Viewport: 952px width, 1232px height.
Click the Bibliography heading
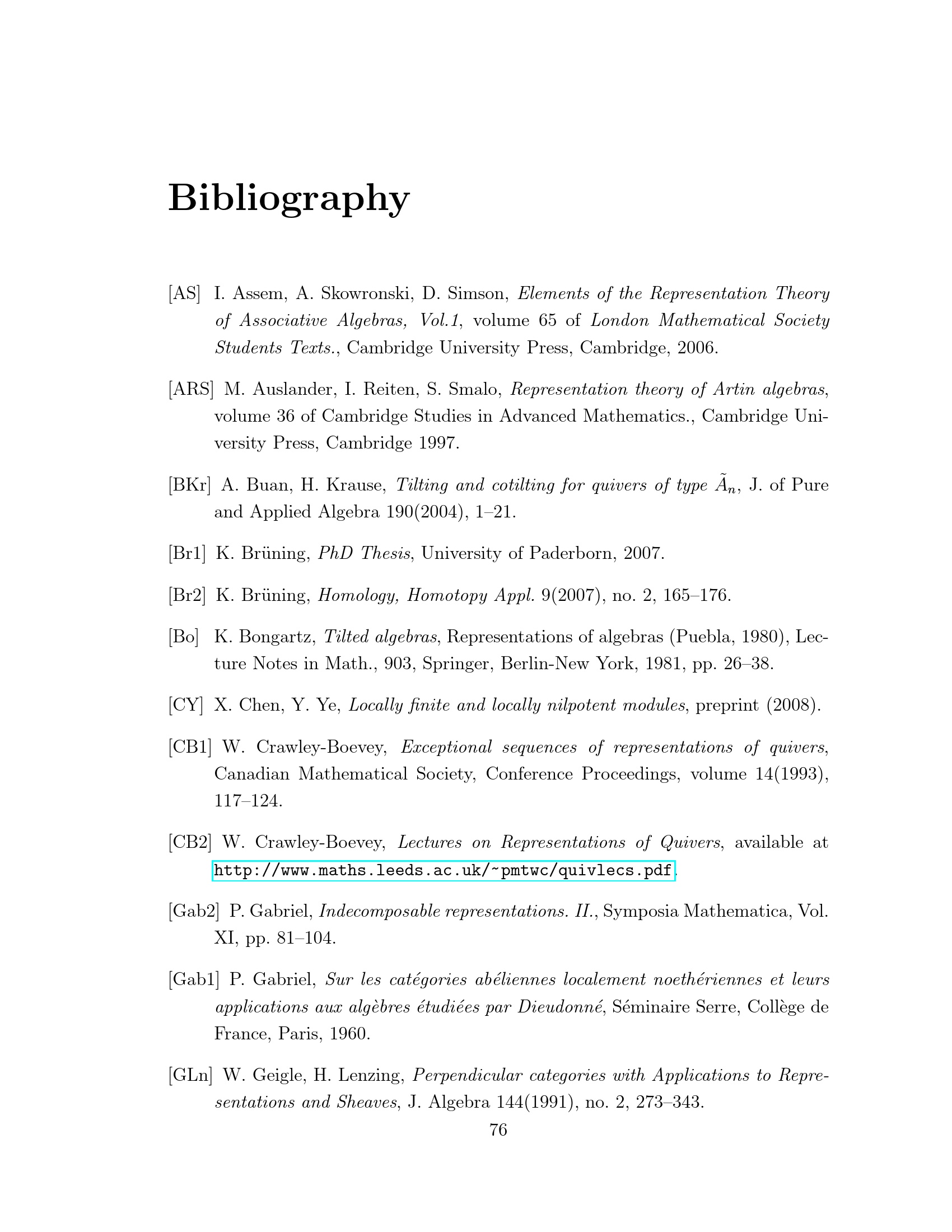pyautogui.click(x=289, y=199)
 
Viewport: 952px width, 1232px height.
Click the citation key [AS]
pyautogui.click(x=184, y=293)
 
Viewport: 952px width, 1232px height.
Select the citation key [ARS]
pyautogui.click(x=190, y=389)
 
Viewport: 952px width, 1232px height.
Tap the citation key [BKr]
pyautogui.click(x=189, y=485)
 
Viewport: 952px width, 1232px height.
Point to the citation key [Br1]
pyautogui.click(x=187, y=553)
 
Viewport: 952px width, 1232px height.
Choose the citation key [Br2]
pyautogui.click(x=187, y=595)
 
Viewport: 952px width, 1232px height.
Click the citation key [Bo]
pyautogui.click(x=183, y=637)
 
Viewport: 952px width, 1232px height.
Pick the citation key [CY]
pyautogui.click(x=185, y=705)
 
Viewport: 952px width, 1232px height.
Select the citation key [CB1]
pyautogui.click(x=189, y=747)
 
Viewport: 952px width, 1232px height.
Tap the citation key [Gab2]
pyautogui.click(x=193, y=911)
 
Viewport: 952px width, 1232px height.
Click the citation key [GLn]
pyautogui.click(x=190, y=1075)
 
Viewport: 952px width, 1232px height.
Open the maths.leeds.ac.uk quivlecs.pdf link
pyautogui.click(x=444, y=871)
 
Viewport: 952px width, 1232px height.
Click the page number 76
pyautogui.click(x=498, y=1130)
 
